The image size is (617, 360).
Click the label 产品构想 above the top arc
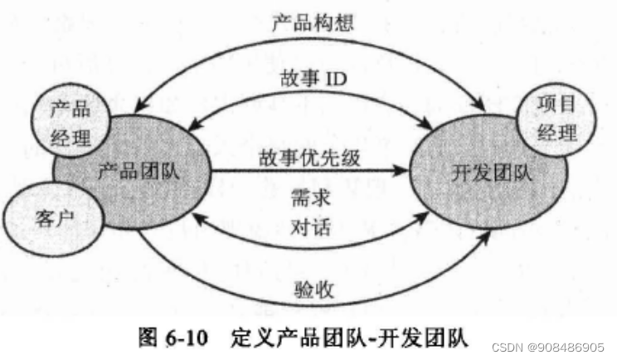pyautogui.click(x=313, y=22)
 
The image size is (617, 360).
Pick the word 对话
pyautogui.click(x=313, y=226)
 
